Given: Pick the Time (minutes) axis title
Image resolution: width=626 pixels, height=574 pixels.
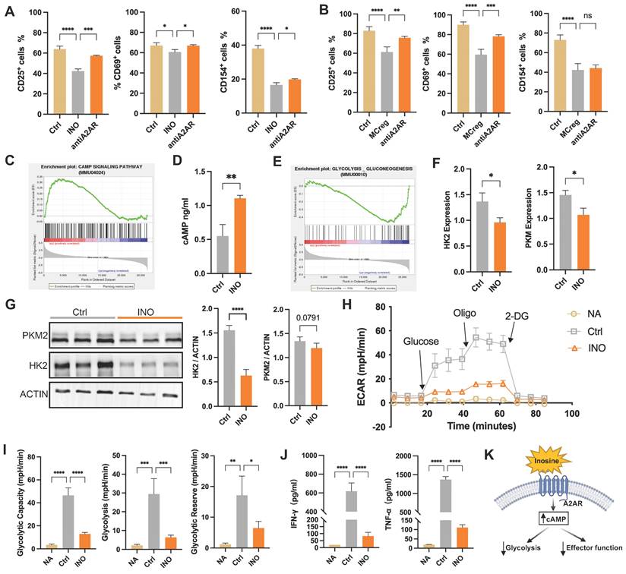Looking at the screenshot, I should pyautogui.click(x=498, y=428).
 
